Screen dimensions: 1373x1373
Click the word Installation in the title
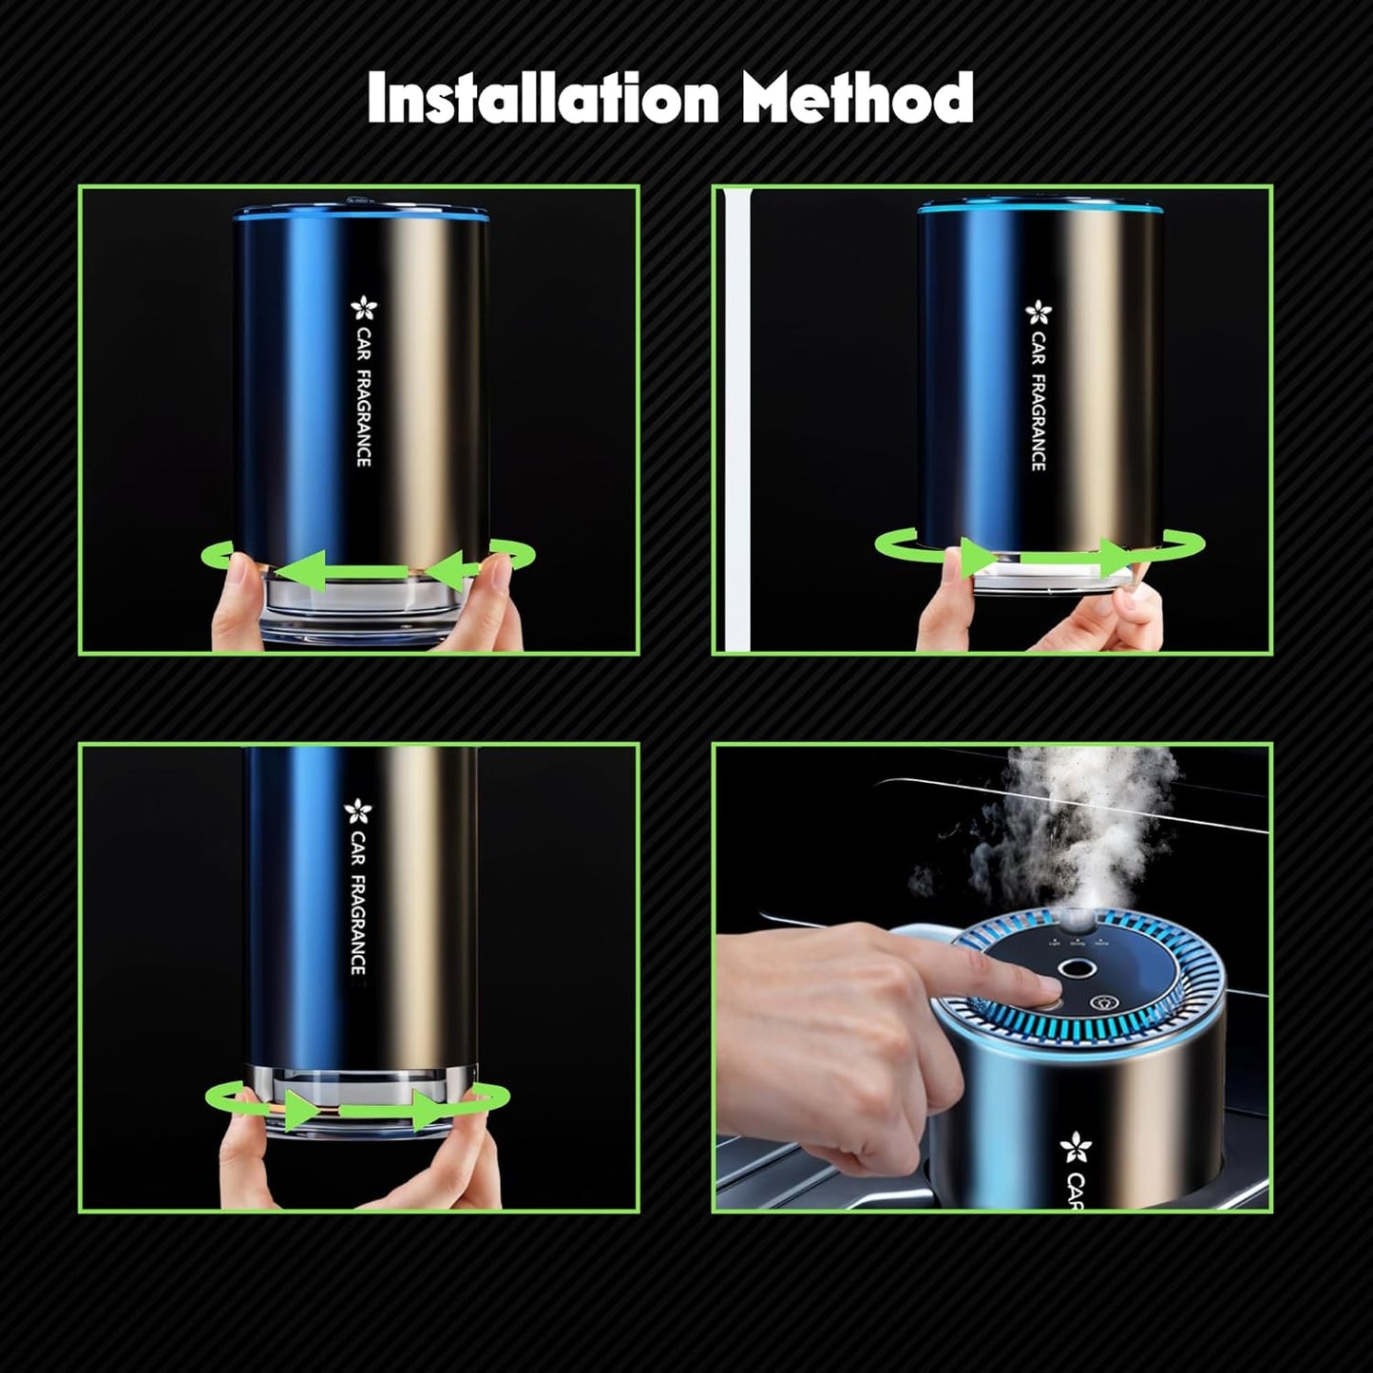tap(543, 99)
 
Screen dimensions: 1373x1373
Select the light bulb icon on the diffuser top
tap(1105, 1002)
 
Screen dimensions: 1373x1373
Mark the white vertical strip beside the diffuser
tap(733, 418)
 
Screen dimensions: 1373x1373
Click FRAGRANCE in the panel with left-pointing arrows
tap(364, 418)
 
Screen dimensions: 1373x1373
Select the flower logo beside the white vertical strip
tap(1039, 312)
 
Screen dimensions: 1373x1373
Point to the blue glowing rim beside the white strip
tap(1039, 207)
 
